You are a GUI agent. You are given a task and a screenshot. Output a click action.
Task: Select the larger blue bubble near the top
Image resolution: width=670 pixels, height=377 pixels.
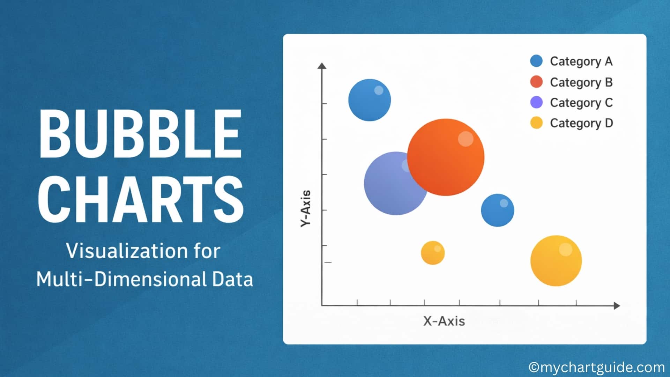point(370,100)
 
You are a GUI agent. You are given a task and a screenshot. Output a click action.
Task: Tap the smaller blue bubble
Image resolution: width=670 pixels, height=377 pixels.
point(497,210)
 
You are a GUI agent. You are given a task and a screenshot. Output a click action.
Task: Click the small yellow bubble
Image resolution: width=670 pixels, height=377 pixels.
point(433,253)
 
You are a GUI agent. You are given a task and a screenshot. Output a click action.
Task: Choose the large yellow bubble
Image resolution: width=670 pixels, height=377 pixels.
point(556,261)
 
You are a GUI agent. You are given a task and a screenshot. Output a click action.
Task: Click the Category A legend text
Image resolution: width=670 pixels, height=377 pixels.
point(581,61)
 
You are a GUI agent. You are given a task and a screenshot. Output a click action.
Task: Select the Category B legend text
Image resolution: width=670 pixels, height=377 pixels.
point(581,82)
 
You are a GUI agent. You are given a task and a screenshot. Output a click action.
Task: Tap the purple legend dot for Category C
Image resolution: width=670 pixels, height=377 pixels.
point(536,103)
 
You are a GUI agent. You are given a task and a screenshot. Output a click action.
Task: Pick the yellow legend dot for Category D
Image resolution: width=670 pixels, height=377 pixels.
point(536,123)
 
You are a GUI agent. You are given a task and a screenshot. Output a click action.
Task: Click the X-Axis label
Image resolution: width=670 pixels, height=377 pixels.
point(444,321)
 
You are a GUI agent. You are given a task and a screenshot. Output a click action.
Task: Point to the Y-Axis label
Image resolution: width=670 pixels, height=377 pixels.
point(306,208)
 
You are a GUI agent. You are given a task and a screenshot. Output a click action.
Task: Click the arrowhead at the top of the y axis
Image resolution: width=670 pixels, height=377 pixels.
point(322,66)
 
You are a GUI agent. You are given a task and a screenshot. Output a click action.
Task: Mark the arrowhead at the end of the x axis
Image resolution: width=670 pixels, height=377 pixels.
point(617,306)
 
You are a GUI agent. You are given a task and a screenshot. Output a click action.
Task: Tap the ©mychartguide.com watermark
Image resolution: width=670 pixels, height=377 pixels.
point(597,367)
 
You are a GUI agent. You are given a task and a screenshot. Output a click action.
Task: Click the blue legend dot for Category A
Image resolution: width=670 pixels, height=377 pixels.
point(536,61)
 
